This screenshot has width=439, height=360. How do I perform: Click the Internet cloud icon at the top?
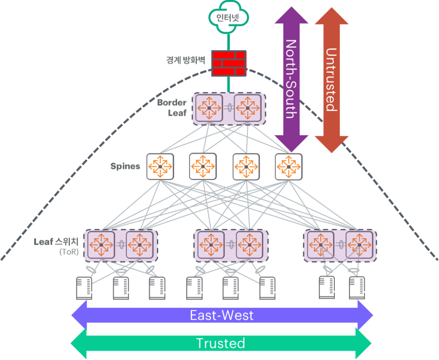coord(229,18)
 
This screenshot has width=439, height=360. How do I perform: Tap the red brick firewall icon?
coord(229,63)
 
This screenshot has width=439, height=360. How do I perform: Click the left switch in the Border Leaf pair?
coord(209,108)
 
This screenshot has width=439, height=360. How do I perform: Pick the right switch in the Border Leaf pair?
coord(247,108)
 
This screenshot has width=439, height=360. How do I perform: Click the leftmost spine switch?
coord(160,166)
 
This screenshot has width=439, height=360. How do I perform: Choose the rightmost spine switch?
coord(289,166)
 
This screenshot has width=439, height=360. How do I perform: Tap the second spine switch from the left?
coord(203,166)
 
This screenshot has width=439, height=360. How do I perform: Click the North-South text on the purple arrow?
coord(291,79)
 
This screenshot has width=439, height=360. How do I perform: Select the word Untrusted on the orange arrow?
coord(331,79)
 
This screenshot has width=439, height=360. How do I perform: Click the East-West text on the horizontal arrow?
coord(222,315)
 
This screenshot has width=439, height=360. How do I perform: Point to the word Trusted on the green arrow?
coord(220,343)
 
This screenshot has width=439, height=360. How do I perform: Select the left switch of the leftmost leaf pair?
coord(101,245)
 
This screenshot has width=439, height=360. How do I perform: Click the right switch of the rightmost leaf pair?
coord(359,245)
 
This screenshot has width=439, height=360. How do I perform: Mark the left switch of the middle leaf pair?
coord(211,245)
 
